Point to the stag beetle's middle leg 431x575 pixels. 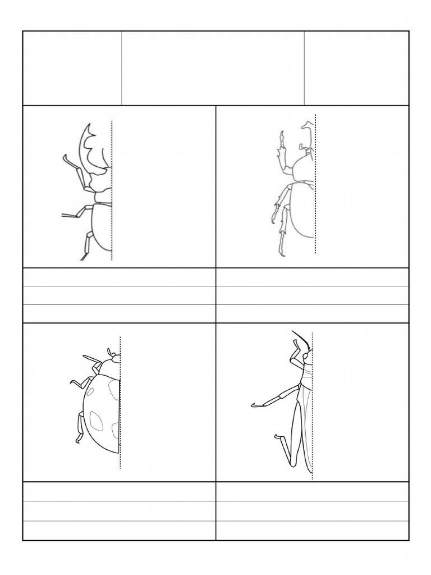pos(76,213)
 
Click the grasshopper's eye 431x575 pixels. pos(305,356)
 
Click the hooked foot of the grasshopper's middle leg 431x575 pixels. pos(256,404)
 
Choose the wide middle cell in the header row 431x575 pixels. pos(213,68)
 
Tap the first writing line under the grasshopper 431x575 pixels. pos(312,492)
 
